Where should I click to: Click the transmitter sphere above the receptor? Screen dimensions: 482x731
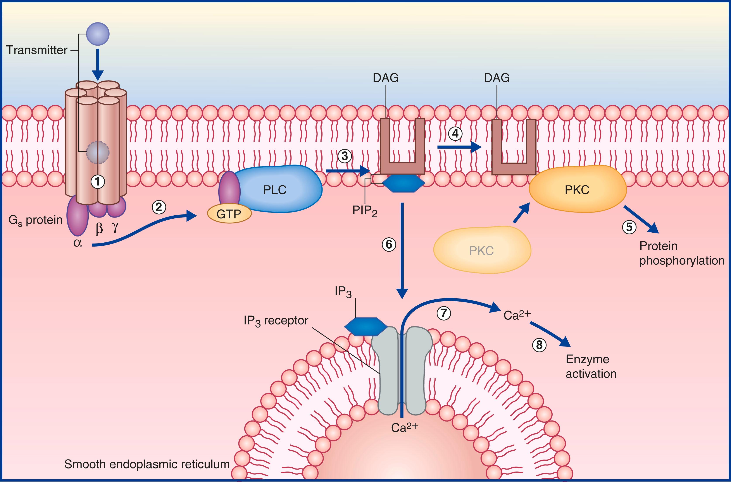[x=97, y=34]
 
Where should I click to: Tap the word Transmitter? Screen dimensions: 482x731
[x=37, y=50]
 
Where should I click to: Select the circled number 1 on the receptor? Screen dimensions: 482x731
[x=97, y=182]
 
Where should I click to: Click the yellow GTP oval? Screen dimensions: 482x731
[x=229, y=214]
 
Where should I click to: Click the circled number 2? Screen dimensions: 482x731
[x=159, y=208]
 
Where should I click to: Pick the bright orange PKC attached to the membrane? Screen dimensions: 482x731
[x=577, y=190]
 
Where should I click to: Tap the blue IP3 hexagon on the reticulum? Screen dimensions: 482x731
[x=366, y=326]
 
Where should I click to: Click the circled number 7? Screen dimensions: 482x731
[x=444, y=313]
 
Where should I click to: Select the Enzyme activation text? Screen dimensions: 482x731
[x=591, y=366]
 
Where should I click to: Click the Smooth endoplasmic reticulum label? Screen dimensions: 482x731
[x=147, y=464]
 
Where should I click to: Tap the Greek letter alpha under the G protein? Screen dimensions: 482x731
[x=78, y=243]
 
